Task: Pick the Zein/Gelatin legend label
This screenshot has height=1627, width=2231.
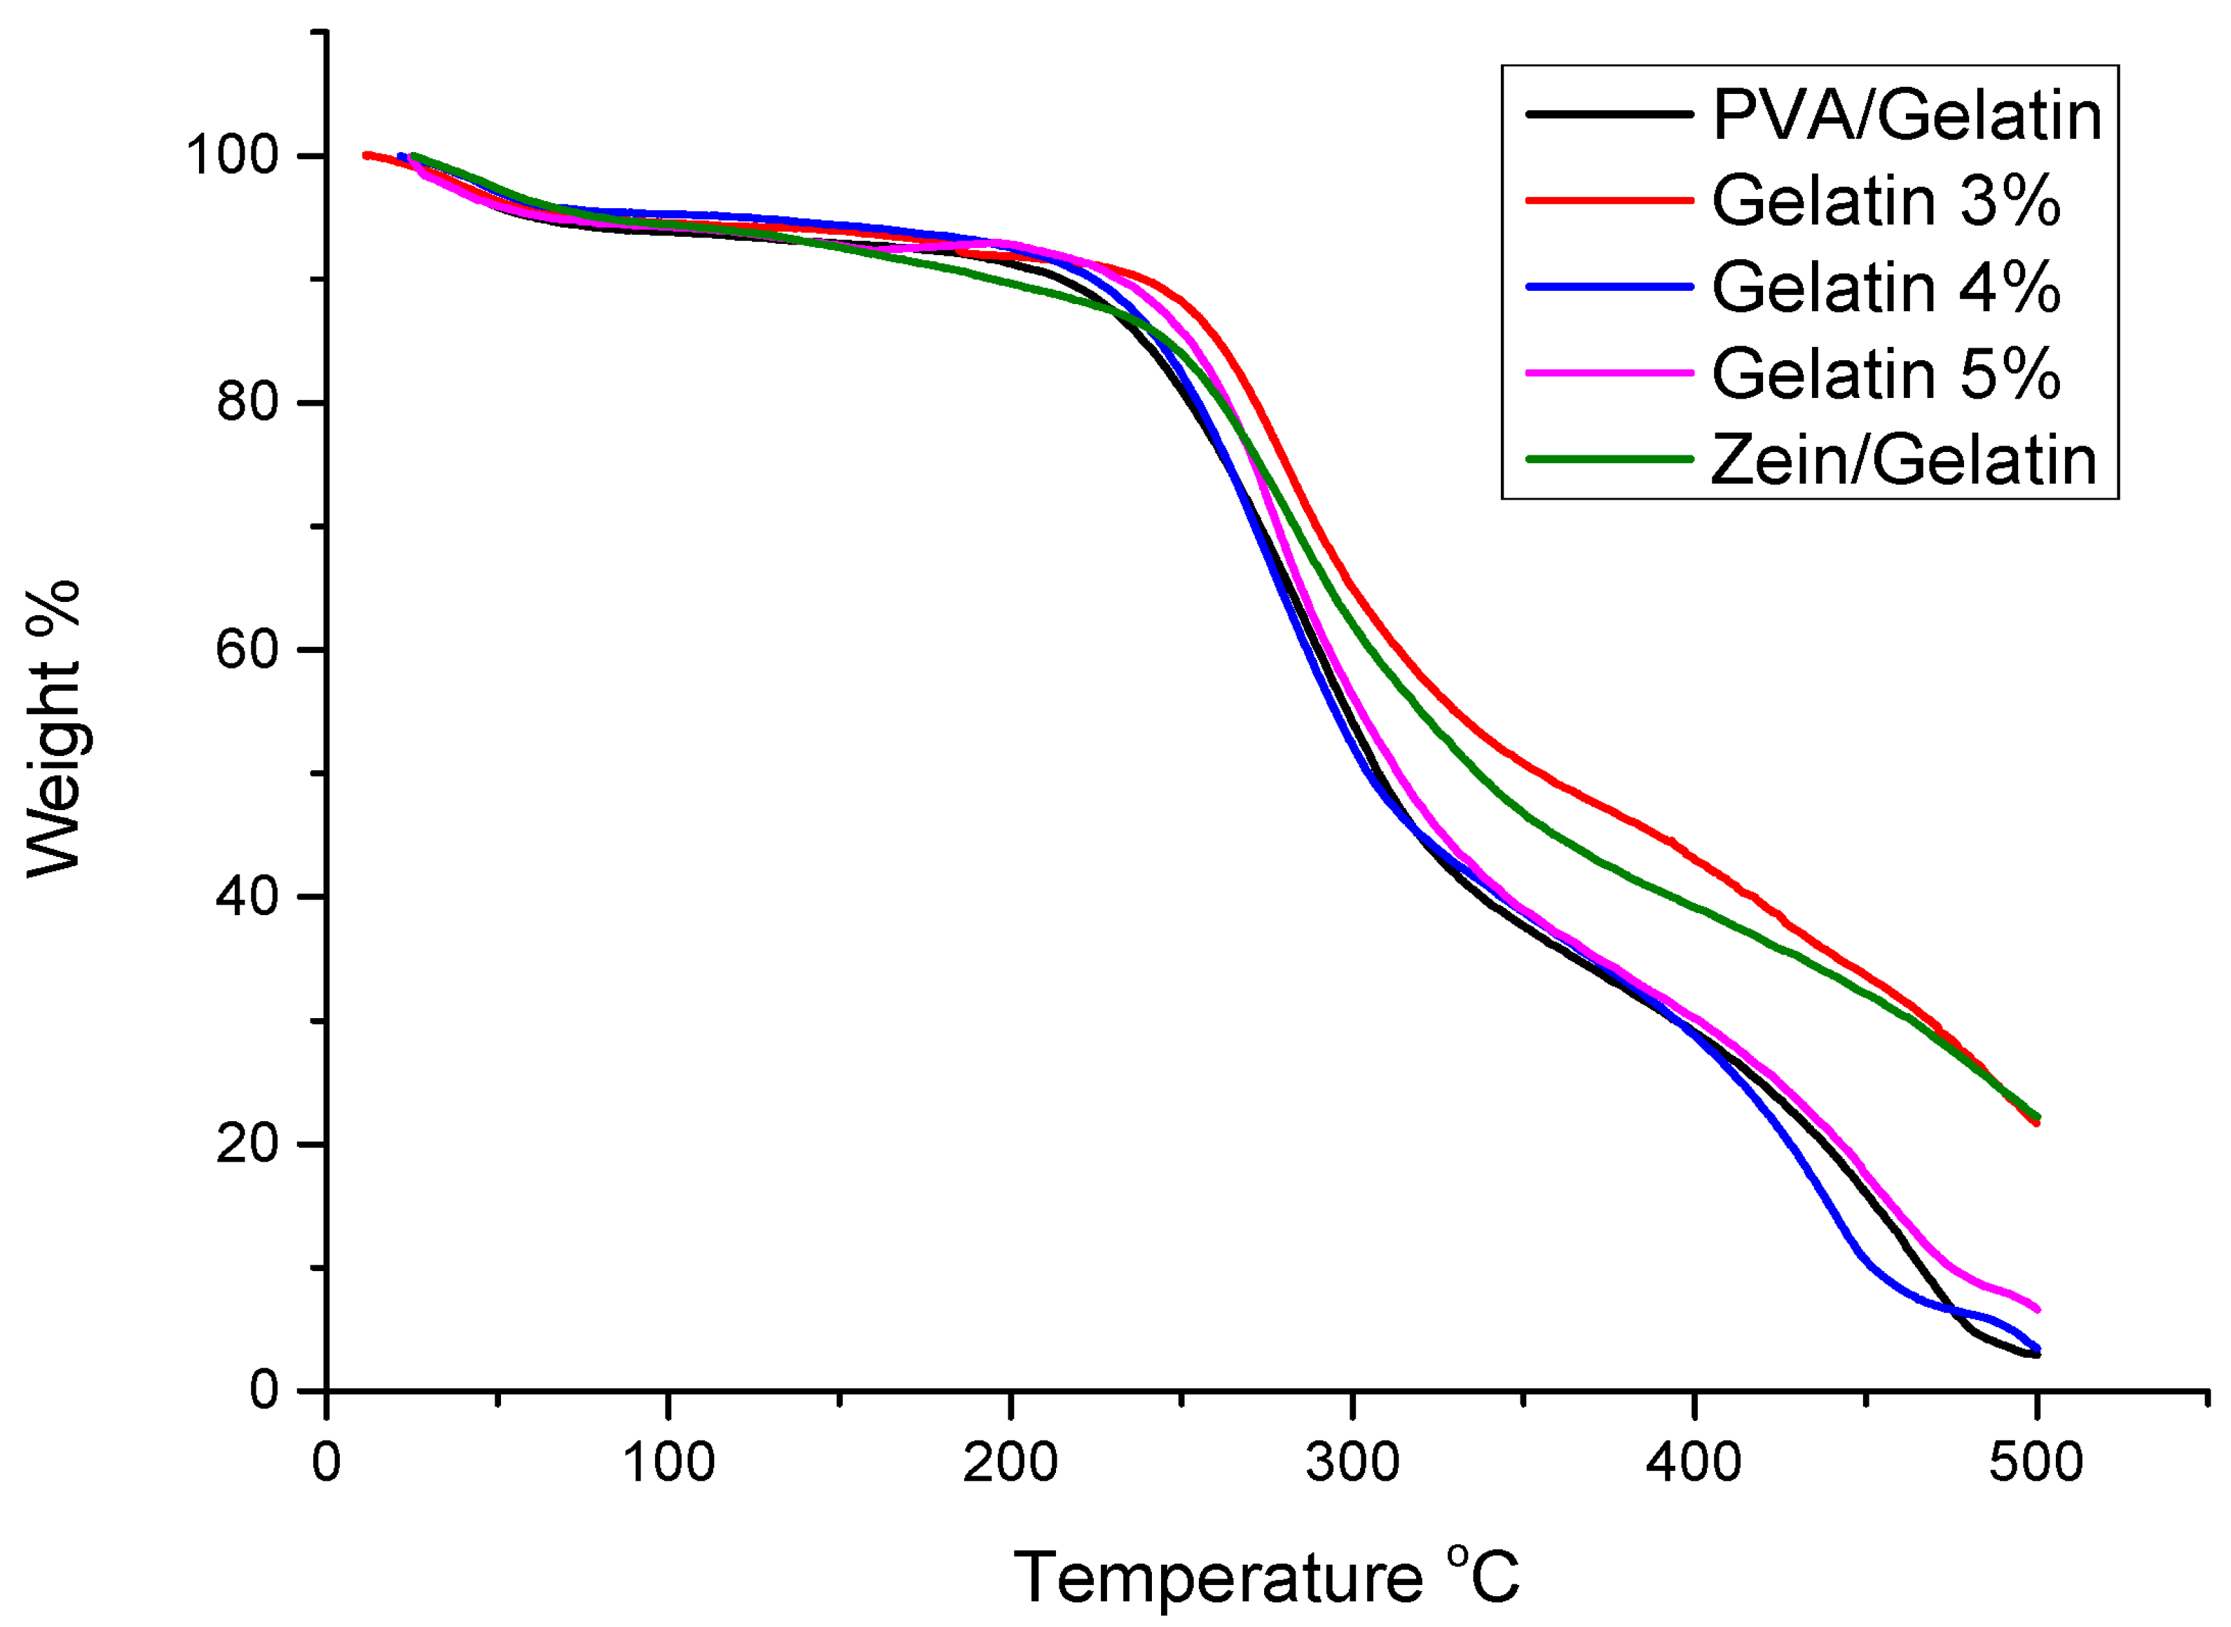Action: click(x=1903, y=460)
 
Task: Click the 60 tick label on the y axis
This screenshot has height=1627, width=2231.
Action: click(x=245, y=650)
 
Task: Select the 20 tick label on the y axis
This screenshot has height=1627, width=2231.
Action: click(x=245, y=1144)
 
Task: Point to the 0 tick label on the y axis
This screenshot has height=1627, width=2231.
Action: click(x=263, y=1391)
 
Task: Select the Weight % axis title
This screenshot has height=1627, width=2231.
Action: click(x=54, y=729)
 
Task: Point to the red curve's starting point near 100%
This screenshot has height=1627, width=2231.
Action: click(x=366, y=155)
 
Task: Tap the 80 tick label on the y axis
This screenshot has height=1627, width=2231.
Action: click(x=245, y=403)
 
